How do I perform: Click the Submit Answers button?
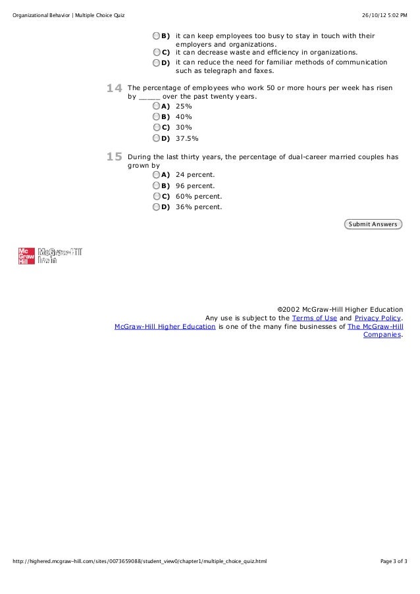pos(373,224)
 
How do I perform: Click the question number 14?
pos(115,87)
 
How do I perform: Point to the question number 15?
pos(115,157)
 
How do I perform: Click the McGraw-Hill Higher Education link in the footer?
pos(165,326)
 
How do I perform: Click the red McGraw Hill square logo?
pos(26,255)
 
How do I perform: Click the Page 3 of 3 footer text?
pos(394,580)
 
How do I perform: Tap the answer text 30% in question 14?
pos(184,128)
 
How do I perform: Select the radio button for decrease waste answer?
pos(157,52)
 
